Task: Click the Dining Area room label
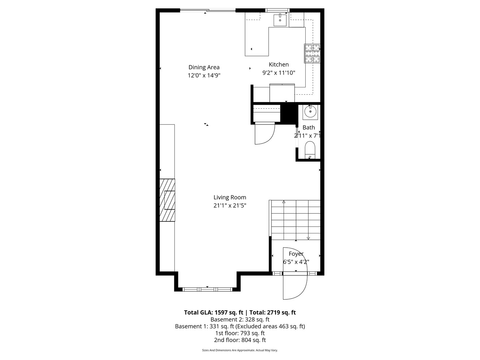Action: [204, 67]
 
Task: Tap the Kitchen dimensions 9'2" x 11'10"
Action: [279, 73]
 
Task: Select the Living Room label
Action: [230, 197]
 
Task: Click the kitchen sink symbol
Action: [280, 20]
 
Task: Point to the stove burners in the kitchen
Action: [312, 54]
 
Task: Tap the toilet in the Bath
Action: [310, 150]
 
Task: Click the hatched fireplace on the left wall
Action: [167, 200]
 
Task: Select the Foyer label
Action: [296, 254]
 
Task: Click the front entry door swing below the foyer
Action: [295, 287]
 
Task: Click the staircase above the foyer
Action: [295, 220]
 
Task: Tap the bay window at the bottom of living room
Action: [207, 289]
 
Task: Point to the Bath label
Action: [309, 127]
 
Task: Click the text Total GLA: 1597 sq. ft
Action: [213, 313]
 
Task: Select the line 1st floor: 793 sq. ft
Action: [240, 333]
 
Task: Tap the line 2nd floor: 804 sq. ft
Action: [240, 340]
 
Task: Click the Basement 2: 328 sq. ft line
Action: [240, 319]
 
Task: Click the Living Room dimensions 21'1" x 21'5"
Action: [230, 206]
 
